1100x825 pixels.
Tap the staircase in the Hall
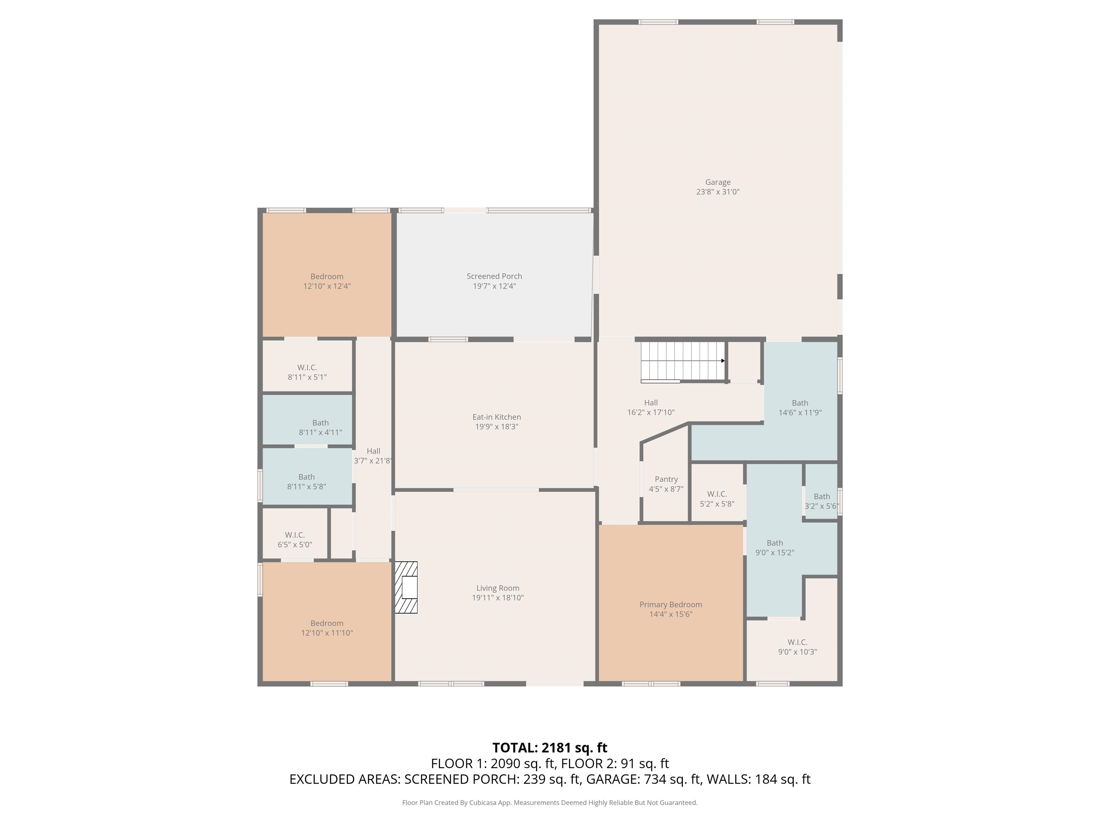(x=682, y=361)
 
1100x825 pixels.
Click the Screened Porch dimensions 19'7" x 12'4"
(x=494, y=286)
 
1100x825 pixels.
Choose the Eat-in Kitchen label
(x=496, y=417)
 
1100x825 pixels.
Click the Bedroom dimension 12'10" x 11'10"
(x=327, y=633)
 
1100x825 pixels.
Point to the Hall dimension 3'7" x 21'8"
(x=373, y=461)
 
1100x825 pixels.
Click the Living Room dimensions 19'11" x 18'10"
(x=497, y=598)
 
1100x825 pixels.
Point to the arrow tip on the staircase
(x=723, y=361)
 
